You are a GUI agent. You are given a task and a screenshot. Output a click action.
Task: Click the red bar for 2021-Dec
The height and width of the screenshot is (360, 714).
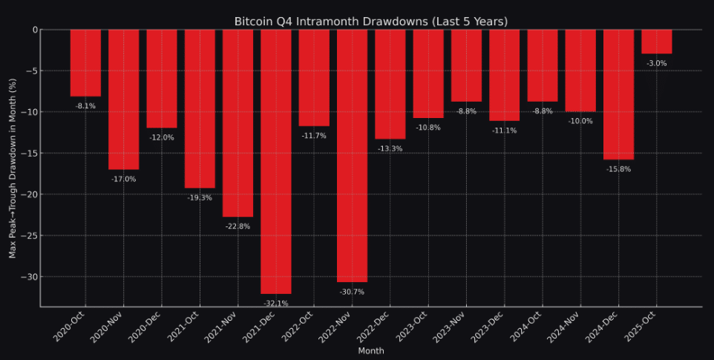pyautogui.click(x=276, y=161)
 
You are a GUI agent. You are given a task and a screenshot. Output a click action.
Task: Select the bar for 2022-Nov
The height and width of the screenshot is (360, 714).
pyautogui.click(x=352, y=155)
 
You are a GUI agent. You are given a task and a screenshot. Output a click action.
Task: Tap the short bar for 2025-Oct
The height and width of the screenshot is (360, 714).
pyautogui.click(x=656, y=42)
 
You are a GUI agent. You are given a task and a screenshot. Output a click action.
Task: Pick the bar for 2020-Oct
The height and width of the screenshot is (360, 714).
pyautogui.click(x=85, y=63)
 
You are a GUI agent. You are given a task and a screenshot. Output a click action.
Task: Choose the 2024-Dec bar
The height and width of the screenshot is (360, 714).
pyautogui.click(x=618, y=94)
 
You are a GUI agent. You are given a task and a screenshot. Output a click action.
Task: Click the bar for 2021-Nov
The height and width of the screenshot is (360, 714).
pyautogui.click(x=238, y=122)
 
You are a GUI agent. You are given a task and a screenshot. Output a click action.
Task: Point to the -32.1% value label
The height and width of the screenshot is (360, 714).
pyautogui.click(x=276, y=303)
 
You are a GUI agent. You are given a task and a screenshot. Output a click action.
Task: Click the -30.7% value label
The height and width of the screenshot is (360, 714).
pyautogui.click(x=352, y=292)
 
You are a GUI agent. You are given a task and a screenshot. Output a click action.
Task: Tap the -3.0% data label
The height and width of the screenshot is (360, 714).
pyautogui.click(x=656, y=64)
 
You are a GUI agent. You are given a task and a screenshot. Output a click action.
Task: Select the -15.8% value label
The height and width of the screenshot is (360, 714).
pyautogui.click(x=618, y=169)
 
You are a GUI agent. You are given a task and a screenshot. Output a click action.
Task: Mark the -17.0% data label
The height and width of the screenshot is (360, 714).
pyautogui.click(x=123, y=179)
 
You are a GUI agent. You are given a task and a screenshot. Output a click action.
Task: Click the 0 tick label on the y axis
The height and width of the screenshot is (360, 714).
pyautogui.click(x=34, y=30)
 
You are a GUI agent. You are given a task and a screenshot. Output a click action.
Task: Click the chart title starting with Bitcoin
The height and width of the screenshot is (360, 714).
pyautogui.click(x=371, y=21)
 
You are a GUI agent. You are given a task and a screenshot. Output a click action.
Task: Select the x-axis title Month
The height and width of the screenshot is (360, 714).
pyautogui.click(x=371, y=350)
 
